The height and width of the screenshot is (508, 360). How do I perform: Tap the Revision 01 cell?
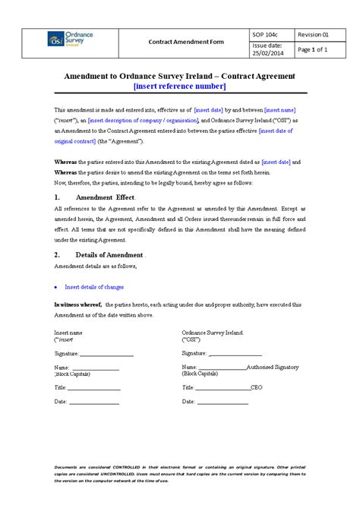[x=313, y=33]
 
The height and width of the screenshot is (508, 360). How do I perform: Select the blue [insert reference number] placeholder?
[x=179, y=87]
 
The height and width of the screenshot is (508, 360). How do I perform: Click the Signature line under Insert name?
[x=106, y=354]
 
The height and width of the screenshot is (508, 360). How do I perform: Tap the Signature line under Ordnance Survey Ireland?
[x=235, y=354]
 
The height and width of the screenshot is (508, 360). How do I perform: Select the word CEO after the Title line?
[x=256, y=387]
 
